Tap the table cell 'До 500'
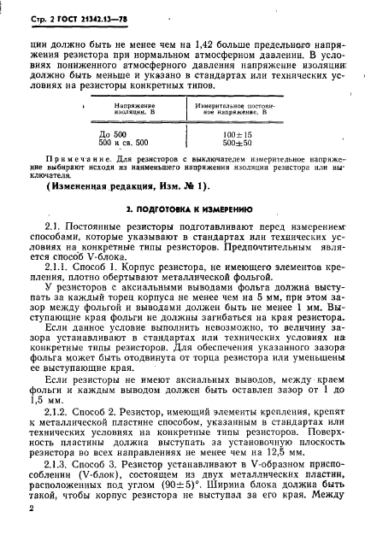pos(114,134)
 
